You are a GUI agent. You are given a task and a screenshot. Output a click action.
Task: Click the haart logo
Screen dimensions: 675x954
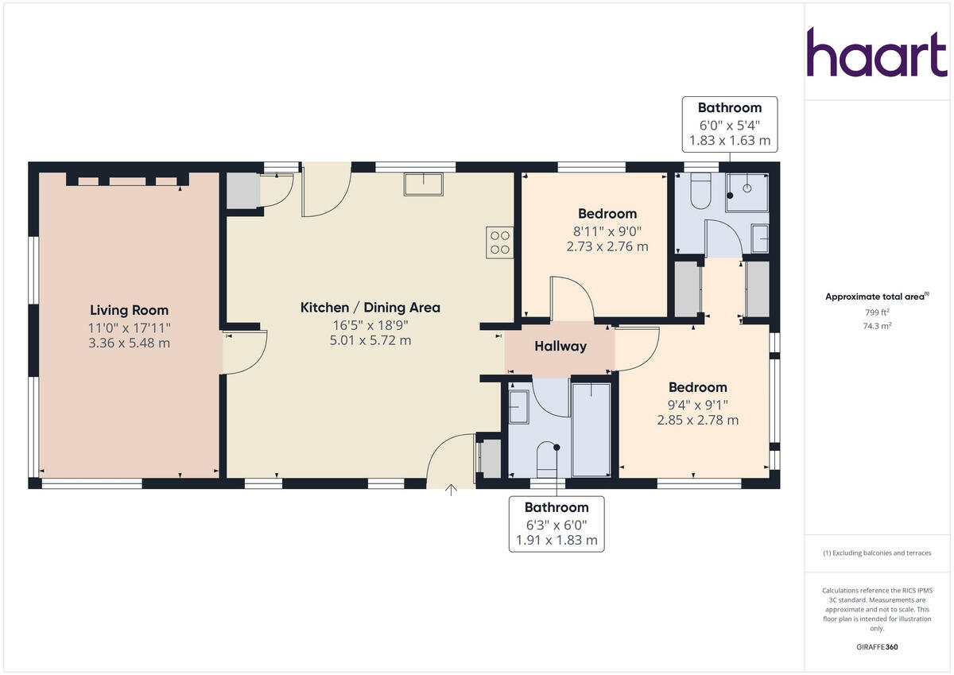[877, 53]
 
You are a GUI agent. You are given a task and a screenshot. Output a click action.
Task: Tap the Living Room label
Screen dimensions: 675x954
[129, 310]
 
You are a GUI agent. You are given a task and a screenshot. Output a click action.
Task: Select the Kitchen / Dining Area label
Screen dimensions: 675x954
[370, 308]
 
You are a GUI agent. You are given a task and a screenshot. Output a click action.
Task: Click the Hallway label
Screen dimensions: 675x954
[560, 346]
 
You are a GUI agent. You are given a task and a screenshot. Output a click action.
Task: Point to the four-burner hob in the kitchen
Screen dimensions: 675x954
[500, 242]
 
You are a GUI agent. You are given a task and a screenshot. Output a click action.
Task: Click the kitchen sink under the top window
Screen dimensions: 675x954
[424, 184]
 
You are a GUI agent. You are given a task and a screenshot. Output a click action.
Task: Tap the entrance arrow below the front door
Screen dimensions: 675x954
[452, 490]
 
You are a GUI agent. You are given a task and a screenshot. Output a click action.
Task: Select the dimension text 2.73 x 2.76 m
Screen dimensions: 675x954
[607, 246]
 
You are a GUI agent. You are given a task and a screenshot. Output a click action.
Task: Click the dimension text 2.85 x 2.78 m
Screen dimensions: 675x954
[697, 420]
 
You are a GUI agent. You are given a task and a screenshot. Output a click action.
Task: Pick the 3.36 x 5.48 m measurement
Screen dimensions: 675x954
[129, 343]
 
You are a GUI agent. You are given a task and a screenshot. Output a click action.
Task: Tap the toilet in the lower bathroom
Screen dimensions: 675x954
[549, 460]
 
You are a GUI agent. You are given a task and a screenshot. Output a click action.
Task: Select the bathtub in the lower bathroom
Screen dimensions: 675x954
[591, 429]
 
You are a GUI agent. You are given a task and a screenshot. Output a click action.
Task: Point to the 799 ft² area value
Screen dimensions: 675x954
[877, 312]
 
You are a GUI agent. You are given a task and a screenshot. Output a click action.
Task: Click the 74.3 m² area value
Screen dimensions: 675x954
[877, 325]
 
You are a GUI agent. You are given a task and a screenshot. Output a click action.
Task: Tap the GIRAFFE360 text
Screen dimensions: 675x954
[877, 647]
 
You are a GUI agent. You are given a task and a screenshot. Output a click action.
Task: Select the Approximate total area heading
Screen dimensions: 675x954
[876, 297]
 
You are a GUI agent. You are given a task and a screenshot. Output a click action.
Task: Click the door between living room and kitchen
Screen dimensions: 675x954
[243, 351]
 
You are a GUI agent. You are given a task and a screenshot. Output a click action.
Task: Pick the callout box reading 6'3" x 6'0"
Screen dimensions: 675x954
[556, 524]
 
